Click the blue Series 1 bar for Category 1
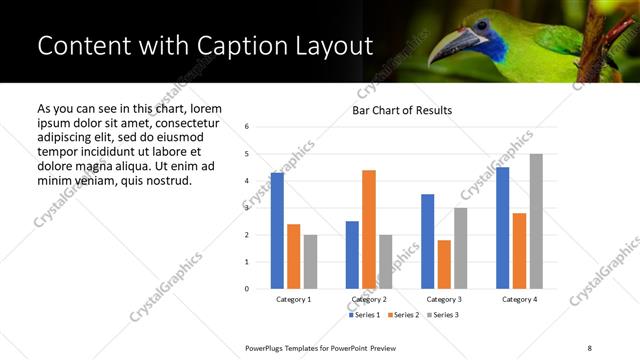click(277, 231)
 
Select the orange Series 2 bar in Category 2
click(369, 229)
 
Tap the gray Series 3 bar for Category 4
click(536, 221)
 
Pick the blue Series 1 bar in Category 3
click(428, 241)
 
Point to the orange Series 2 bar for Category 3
click(444, 264)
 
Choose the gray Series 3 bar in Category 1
click(310, 262)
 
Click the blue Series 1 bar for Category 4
click(503, 228)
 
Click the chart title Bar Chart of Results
click(402, 110)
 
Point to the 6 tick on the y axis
click(247, 127)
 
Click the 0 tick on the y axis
click(247, 289)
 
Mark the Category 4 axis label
click(519, 299)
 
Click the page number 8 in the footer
click(588, 346)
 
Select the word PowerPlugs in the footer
click(268, 346)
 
